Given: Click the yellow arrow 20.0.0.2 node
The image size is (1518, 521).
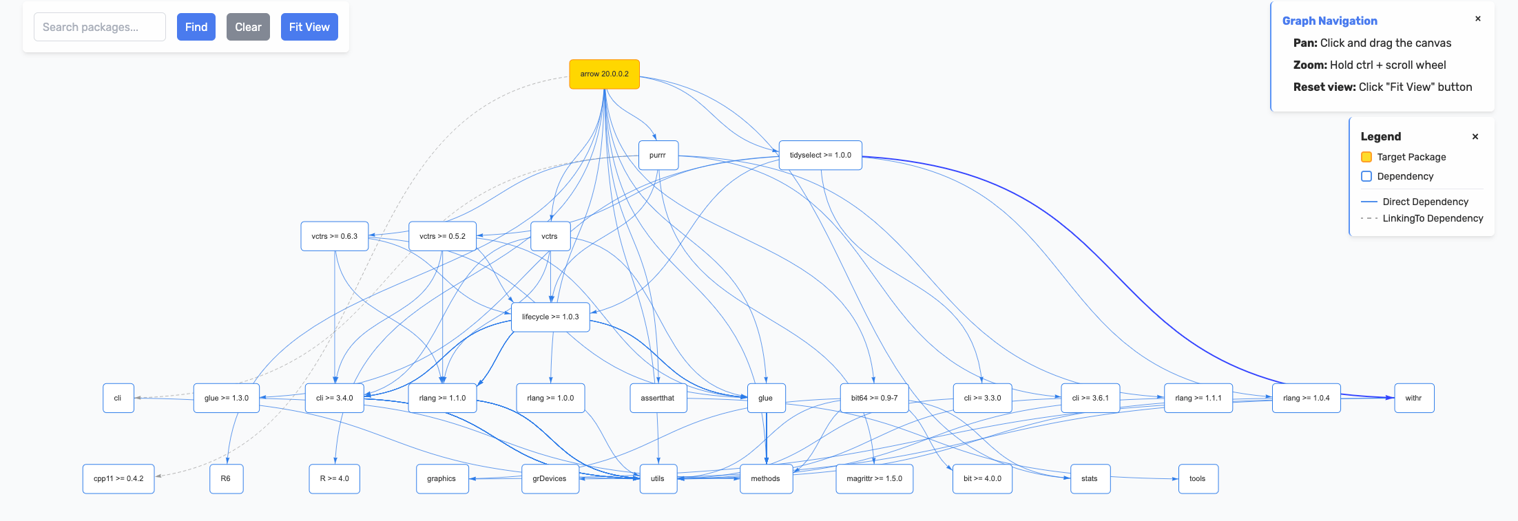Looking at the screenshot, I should [x=604, y=74].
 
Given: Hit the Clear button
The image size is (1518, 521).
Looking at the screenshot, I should [x=248, y=27].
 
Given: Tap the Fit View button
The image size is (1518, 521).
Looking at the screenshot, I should [x=309, y=27].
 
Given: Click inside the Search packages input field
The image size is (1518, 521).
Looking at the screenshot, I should [x=100, y=27].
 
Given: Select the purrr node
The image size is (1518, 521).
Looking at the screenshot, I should [x=658, y=156].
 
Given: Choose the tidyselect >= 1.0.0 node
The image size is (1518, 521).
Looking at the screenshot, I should [x=820, y=156].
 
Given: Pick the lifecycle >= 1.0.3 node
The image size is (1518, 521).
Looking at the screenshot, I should [x=550, y=317].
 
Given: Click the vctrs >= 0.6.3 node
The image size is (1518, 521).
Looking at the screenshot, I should [x=335, y=236].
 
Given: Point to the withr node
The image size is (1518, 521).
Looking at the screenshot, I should [x=1414, y=398].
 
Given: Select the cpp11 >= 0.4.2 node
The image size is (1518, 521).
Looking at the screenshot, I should [x=118, y=479].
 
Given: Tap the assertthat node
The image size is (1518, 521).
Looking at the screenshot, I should [x=658, y=398].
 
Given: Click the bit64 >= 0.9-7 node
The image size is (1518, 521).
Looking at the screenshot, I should [x=874, y=398].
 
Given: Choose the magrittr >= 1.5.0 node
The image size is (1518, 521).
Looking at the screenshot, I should [x=874, y=479].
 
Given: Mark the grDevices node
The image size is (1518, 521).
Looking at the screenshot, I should [x=550, y=479].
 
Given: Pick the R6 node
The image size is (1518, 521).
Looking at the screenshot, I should [x=226, y=479].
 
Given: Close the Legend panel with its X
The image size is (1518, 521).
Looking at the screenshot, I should [x=1475, y=136].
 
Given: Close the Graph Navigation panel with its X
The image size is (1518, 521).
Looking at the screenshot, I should [x=1478, y=19].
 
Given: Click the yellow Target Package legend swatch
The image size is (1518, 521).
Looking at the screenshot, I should [x=1366, y=157].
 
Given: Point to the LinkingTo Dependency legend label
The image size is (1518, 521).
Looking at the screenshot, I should [x=1433, y=218].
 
